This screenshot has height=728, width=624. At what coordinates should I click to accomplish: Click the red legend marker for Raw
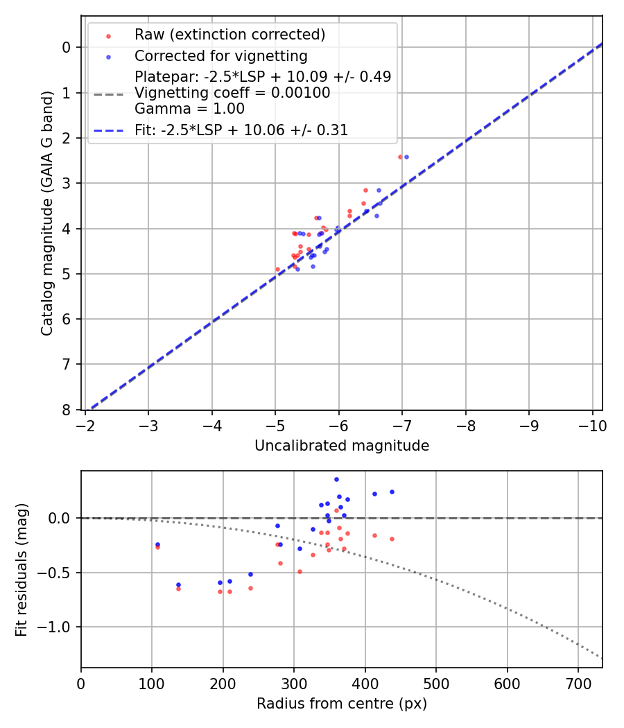tap(108, 35)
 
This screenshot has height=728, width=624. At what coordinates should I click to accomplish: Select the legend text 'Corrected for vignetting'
tap(220, 55)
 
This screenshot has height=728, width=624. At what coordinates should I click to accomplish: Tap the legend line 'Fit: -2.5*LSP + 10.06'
tap(108, 130)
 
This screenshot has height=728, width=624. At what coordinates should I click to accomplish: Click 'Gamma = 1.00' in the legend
tap(189, 109)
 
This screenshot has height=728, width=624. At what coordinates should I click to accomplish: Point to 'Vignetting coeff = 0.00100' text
tap(232, 93)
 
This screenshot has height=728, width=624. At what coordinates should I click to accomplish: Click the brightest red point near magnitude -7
tap(400, 157)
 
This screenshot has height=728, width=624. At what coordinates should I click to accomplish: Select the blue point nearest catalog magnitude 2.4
tap(406, 157)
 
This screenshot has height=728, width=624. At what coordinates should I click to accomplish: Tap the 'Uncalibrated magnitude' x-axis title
tap(341, 446)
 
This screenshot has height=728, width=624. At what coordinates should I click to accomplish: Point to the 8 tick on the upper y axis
tap(67, 410)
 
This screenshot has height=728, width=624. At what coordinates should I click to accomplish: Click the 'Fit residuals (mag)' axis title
tap(21, 569)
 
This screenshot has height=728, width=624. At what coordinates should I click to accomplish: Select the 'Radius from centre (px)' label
tap(341, 704)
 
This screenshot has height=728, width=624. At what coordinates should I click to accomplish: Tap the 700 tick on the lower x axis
tap(507, 682)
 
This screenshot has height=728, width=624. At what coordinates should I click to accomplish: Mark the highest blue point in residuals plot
tap(336, 479)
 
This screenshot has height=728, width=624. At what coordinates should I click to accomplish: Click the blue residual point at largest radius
tap(392, 492)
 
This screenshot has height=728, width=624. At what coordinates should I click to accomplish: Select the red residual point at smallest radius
tap(157, 547)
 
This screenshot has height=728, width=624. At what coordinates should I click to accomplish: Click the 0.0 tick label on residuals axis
tap(62, 518)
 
